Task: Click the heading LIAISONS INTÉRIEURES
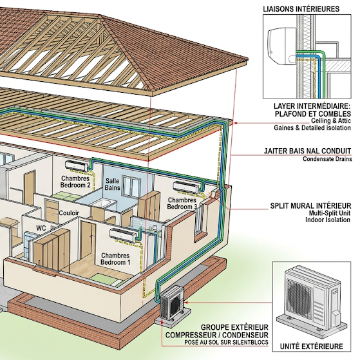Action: click(301, 9)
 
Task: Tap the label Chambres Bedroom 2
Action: click(75, 182)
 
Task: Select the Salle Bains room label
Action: click(113, 184)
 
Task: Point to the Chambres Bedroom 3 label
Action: click(182, 204)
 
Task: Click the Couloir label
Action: click(69, 213)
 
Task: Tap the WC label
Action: click(41, 228)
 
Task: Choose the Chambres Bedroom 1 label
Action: click(115, 259)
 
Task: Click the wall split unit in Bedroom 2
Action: click(77, 166)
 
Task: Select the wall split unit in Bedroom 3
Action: click(186, 187)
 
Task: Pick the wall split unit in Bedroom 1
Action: click(124, 235)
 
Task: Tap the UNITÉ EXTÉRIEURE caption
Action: click(311, 346)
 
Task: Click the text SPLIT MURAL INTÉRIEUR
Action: click(310, 205)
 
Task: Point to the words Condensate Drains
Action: click(327, 159)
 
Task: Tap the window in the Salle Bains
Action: click(131, 186)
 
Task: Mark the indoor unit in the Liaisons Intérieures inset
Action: click(281, 46)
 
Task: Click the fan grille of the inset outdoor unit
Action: click(299, 299)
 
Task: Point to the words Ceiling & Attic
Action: click(331, 121)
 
